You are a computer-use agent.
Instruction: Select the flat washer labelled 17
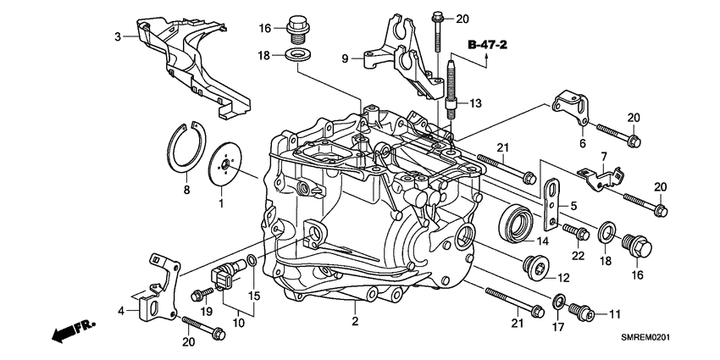click(x=559, y=302)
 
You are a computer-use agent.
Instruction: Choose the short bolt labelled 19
click(x=202, y=294)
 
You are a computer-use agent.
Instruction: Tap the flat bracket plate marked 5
click(x=552, y=204)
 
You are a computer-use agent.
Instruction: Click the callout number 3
click(x=119, y=36)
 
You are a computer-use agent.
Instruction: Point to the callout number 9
click(x=346, y=59)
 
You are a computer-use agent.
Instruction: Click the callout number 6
click(x=583, y=145)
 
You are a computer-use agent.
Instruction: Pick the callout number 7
click(x=604, y=157)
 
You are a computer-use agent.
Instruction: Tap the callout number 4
click(x=121, y=310)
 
